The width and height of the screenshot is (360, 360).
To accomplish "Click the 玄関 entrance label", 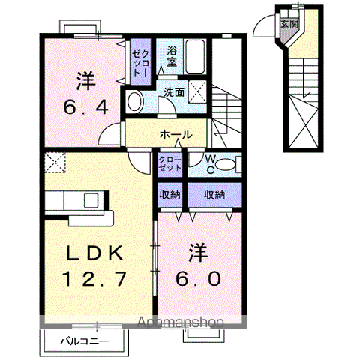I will tap(289, 23).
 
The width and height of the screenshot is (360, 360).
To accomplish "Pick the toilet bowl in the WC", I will tap(232, 163).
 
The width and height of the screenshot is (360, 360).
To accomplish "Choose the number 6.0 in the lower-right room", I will tap(199, 278).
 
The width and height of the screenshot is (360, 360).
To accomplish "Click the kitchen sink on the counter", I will tap(91, 201).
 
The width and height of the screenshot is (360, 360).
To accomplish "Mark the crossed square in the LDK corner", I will tap(55, 160).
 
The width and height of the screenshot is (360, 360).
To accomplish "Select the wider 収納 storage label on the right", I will tap(215, 194).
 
